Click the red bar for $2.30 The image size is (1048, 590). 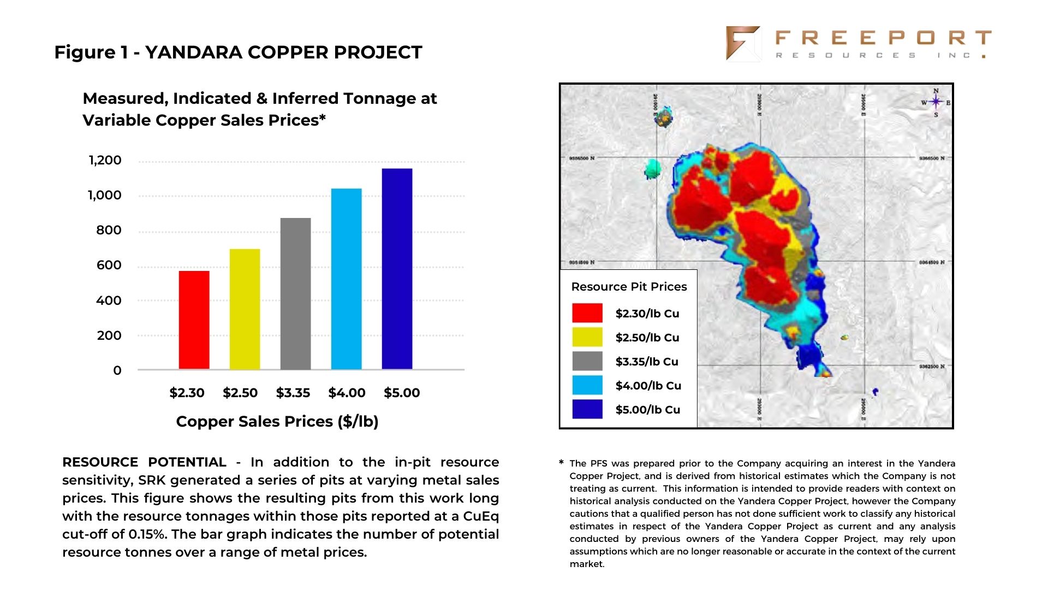pos(194,320)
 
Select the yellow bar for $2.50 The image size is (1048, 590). pos(245,309)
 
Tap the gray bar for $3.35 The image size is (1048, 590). pos(295,294)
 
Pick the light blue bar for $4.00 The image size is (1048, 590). pos(346,279)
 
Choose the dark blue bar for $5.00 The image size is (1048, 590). pos(397,269)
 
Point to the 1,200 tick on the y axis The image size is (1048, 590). pos(105,161)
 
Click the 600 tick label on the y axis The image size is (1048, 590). pos(109,265)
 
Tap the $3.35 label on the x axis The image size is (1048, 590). pos(293,393)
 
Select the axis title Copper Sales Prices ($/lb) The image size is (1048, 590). pos(277,422)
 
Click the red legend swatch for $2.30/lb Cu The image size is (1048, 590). pos(587,313)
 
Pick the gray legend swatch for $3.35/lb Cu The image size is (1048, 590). pos(587,361)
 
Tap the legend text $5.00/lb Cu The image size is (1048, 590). pos(648,410)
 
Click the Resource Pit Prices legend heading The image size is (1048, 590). pos(629,287)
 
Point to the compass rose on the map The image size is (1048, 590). pos(936,102)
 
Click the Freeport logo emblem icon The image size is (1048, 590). pos(742,43)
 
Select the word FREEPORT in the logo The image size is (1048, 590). pos(883,38)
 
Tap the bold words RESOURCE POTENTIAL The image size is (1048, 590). pos(144,462)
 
